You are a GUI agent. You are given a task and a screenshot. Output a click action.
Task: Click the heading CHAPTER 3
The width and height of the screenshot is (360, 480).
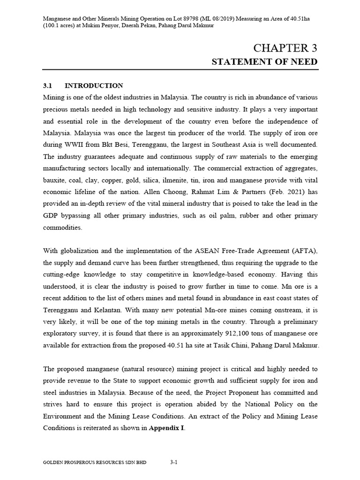(x=285, y=48)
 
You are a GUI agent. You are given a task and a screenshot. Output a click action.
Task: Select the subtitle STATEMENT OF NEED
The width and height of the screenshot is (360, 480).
(x=265, y=62)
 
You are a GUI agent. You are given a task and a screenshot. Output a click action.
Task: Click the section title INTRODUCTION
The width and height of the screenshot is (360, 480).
(x=94, y=85)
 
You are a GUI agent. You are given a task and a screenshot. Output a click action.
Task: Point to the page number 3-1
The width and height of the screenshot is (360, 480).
(x=173, y=462)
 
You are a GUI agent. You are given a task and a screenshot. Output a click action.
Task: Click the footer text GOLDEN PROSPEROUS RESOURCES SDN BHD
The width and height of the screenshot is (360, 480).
(x=95, y=462)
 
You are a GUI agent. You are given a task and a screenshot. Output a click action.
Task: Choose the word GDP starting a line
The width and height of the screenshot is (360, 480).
(x=51, y=215)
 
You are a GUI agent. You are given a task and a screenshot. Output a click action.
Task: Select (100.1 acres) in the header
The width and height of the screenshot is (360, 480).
(x=60, y=25)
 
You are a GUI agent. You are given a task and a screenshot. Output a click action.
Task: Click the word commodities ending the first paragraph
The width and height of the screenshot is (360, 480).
(x=62, y=227)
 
